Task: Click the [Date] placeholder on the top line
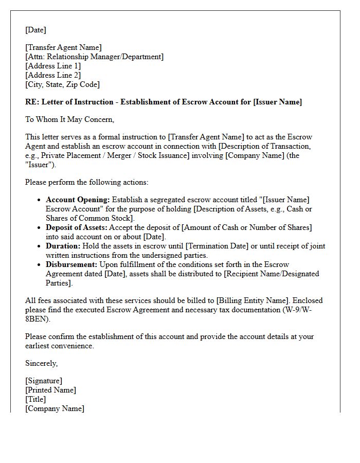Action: coord(35,30)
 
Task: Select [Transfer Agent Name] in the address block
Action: coord(63,48)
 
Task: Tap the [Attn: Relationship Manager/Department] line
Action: coord(94,57)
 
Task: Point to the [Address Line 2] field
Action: coord(53,75)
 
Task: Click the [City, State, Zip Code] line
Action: coord(62,84)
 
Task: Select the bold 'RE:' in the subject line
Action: coord(32,102)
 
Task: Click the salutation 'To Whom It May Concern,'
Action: coord(70,119)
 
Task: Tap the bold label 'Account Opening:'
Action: coord(78,200)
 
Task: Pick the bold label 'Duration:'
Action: coord(62,246)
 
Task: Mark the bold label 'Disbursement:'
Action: coord(71,264)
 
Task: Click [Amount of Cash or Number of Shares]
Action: coord(246,227)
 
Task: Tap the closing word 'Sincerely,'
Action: coord(42,363)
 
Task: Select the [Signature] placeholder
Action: coord(44,381)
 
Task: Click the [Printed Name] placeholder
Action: coord(50,390)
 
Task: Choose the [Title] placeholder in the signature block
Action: coord(35,399)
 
